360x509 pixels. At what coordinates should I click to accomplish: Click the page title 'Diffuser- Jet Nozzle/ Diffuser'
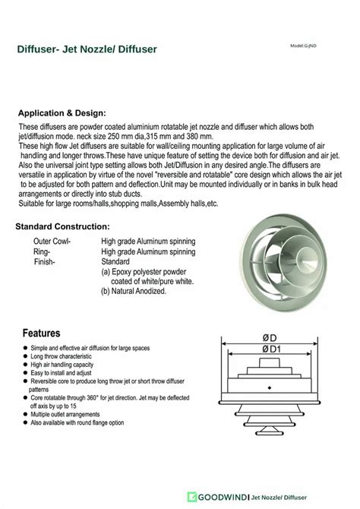click(x=87, y=49)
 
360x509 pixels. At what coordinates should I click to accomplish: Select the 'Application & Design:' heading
click(x=67, y=112)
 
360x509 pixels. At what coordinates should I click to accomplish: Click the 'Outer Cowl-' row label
click(x=52, y=241)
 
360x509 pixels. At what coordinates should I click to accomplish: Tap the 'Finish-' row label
click(x=45, y=261)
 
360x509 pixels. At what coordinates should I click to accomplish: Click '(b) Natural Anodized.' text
click(x=139, y=290)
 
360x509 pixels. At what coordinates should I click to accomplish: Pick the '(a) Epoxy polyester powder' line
click(x=148, y=270)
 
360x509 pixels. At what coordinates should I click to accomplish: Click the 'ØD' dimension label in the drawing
click(x=269, y=337)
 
